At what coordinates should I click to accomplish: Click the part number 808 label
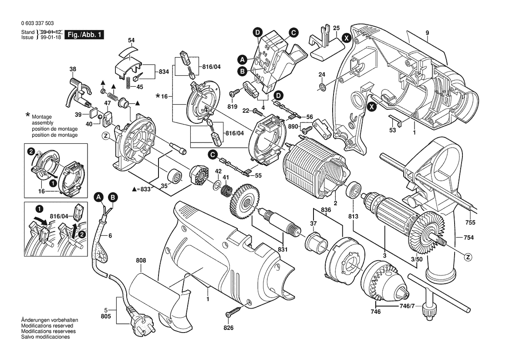coord(141,261)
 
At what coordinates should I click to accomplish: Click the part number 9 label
coord(428,33)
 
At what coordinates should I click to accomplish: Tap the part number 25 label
coord(336,28)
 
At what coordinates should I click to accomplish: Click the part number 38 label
coord(73,69)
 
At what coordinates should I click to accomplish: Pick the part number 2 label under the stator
coord(335,203)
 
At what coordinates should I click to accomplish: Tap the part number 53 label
coord(393,130)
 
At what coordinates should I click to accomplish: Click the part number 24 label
coord(322,74)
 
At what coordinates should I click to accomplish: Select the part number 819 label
coord(232,106)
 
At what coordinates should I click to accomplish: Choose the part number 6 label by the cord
coord(110,235)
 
